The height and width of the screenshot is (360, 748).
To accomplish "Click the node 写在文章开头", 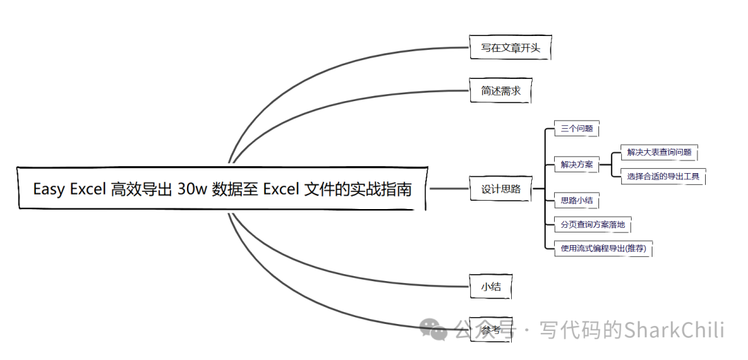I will pos(510,48).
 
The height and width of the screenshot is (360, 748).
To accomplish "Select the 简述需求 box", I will pos(500,91).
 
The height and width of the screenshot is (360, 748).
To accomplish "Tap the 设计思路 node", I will pos(501,188).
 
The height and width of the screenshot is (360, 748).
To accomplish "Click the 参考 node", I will pos(490,330).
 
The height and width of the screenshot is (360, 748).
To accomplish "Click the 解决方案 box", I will pos(576,165).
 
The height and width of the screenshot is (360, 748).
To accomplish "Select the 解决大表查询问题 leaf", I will pos(658,152).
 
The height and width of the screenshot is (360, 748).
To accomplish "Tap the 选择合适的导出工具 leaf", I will pos(663,177).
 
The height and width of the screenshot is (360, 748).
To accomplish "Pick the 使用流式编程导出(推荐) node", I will pos(603,248).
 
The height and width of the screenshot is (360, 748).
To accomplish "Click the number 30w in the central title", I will pos(192,189).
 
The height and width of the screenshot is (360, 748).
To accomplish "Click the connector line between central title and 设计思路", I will pos(450,188).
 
